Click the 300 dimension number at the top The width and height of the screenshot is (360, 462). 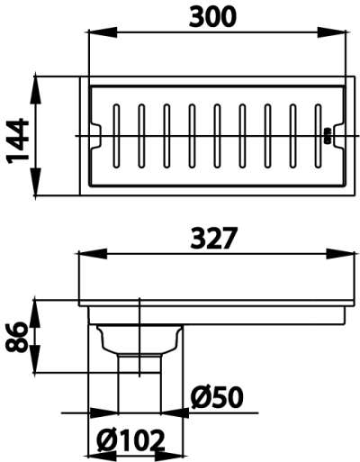(x=217, y=17)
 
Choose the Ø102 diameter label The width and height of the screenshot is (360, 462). (x=131, y=441)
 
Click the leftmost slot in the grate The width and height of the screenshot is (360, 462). (x=116, y=136)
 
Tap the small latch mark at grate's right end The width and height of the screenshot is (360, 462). (x=328, y=136)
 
